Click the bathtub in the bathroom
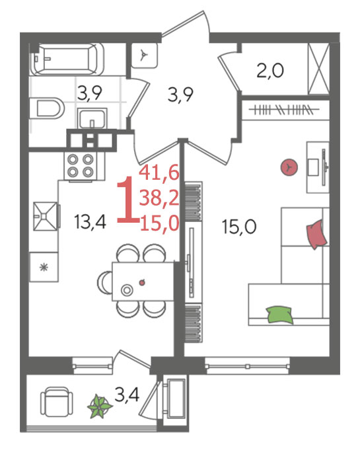67,59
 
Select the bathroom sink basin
92,118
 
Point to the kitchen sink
46,216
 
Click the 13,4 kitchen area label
90,222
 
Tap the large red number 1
127,202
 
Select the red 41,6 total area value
159,172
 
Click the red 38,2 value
159,198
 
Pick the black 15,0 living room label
239,227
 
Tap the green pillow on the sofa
279,315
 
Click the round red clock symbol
289,167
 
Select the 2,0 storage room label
270,71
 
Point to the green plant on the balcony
100,406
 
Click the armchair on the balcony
56,401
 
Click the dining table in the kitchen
143,282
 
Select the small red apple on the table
142,282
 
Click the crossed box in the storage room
318,69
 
